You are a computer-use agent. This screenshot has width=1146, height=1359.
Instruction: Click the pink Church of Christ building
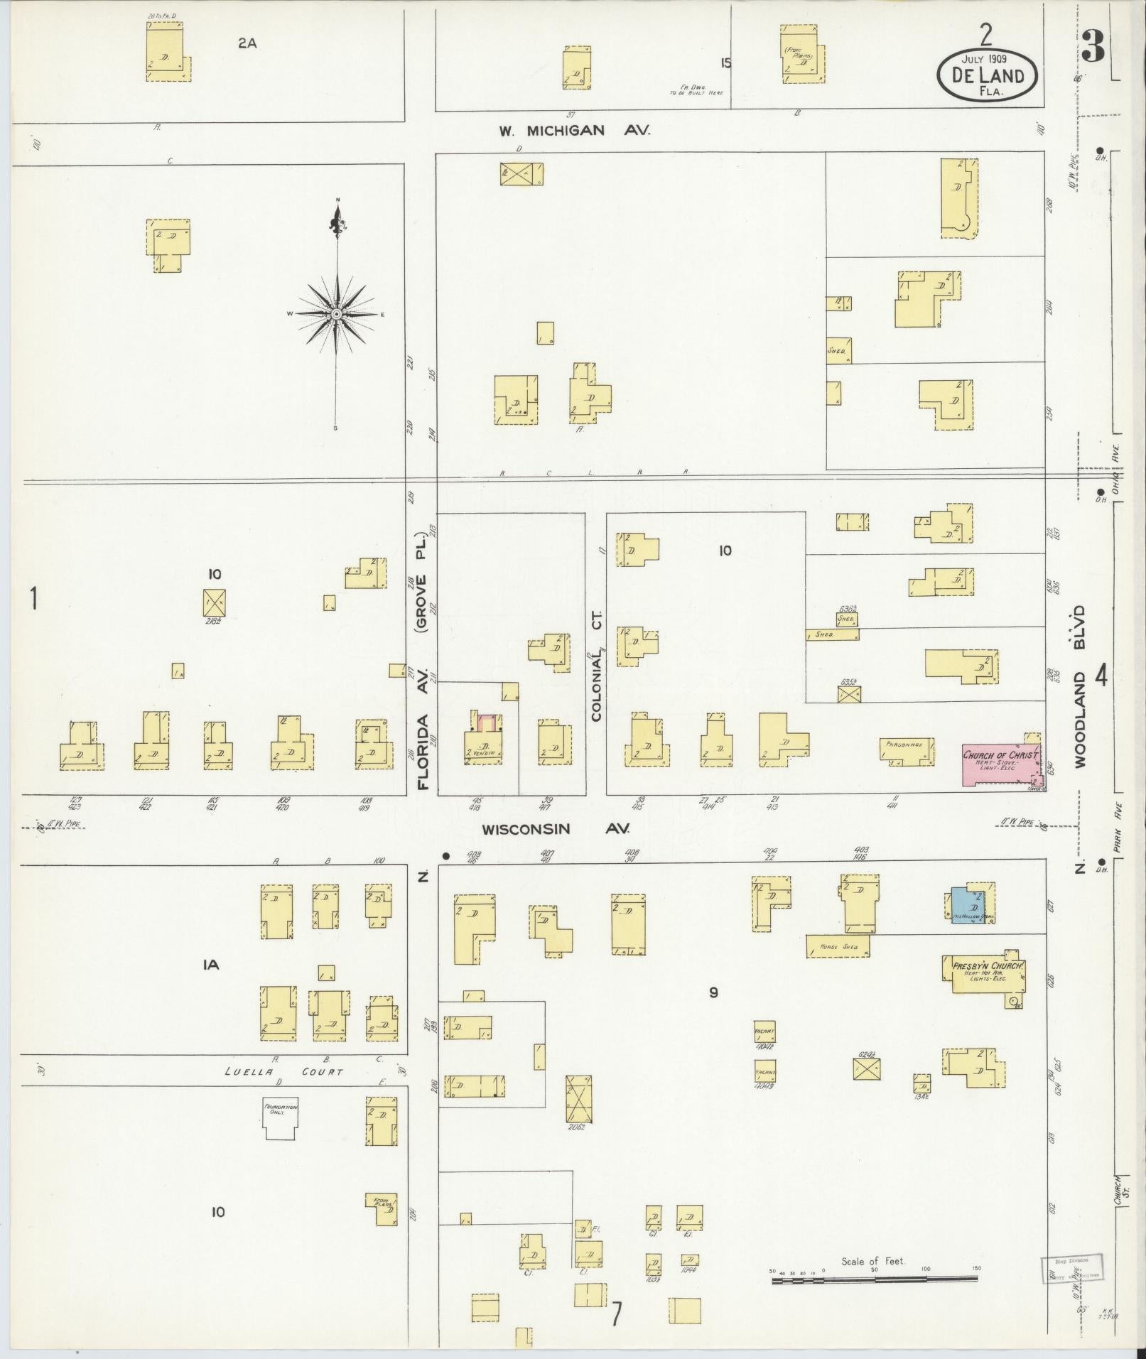[998, 764]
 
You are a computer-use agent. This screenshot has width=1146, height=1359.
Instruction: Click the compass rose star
[336, 313]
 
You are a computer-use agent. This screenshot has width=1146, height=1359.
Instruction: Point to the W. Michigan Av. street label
[573, 131]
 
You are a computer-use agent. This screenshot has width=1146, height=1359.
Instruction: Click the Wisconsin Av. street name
[556, 829]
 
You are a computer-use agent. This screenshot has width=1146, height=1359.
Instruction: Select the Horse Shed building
[838, 946]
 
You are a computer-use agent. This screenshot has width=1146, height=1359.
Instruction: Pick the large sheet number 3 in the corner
[1093, 48]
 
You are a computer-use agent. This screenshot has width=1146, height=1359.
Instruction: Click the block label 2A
[247, 43]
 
